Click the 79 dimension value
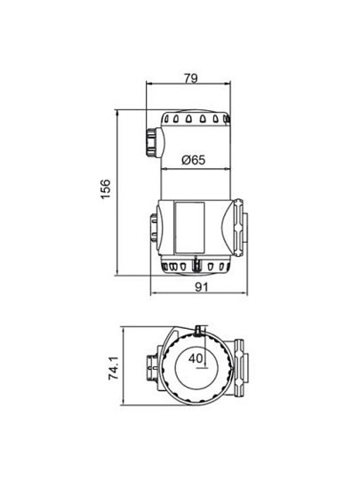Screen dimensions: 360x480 [x=191, y=78]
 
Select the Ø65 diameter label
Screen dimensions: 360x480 [x=193, y=160]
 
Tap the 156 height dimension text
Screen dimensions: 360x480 [x=105, y=188]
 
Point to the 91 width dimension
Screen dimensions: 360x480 [x=201, y=287]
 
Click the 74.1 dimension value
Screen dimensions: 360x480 [x=114, y=368]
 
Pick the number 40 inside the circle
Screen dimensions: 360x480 [x=196, y=358]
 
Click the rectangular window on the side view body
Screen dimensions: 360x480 [x=189, y=228]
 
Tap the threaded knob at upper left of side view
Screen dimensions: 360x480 [x=155, y=142]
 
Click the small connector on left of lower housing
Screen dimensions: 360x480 [x=154, y=228]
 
